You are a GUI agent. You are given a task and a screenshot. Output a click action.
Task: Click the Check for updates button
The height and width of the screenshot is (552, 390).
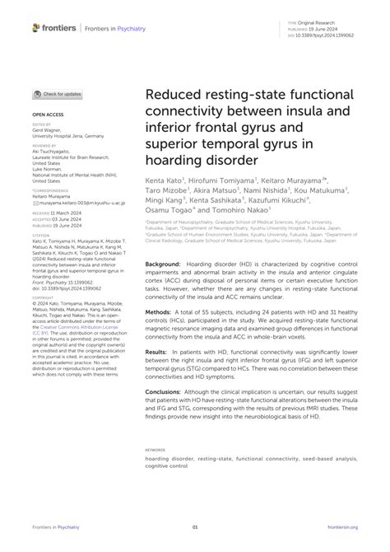point(58,95)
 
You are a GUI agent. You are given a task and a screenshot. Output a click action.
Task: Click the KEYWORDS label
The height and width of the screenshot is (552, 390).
point(156,450)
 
